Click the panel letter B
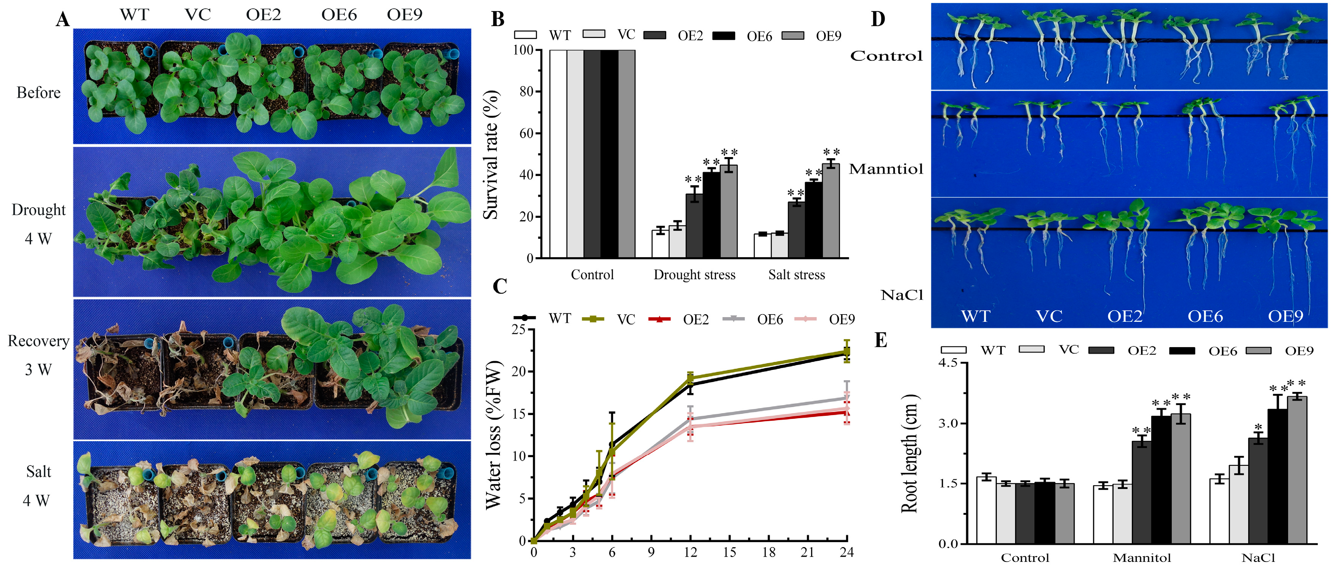497,19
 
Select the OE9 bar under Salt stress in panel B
830,211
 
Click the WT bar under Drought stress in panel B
660,244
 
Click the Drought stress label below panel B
694,275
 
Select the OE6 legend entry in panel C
770,319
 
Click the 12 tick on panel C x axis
690,552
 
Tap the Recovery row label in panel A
38,341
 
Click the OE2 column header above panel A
263,14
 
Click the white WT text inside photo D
975,316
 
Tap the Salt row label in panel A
38,471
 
